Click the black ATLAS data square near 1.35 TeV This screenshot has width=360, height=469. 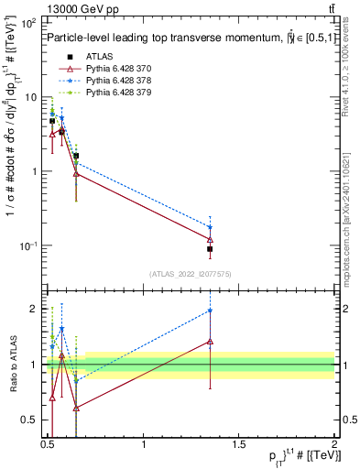pos(210,248)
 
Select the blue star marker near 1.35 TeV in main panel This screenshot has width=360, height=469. pos(210,227)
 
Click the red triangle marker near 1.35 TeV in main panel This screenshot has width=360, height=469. pos(210,239)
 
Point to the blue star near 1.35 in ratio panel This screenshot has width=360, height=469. pos(210,311)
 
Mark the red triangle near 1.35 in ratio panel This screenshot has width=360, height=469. pos(210,341)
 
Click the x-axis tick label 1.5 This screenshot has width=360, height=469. pos(240,446)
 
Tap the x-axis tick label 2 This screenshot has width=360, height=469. pos(334,446)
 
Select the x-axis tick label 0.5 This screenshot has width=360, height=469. pos(49,446)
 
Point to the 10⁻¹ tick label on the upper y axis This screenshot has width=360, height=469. pos(30,245)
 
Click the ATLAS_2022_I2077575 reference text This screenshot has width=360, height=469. pos(191,274)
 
